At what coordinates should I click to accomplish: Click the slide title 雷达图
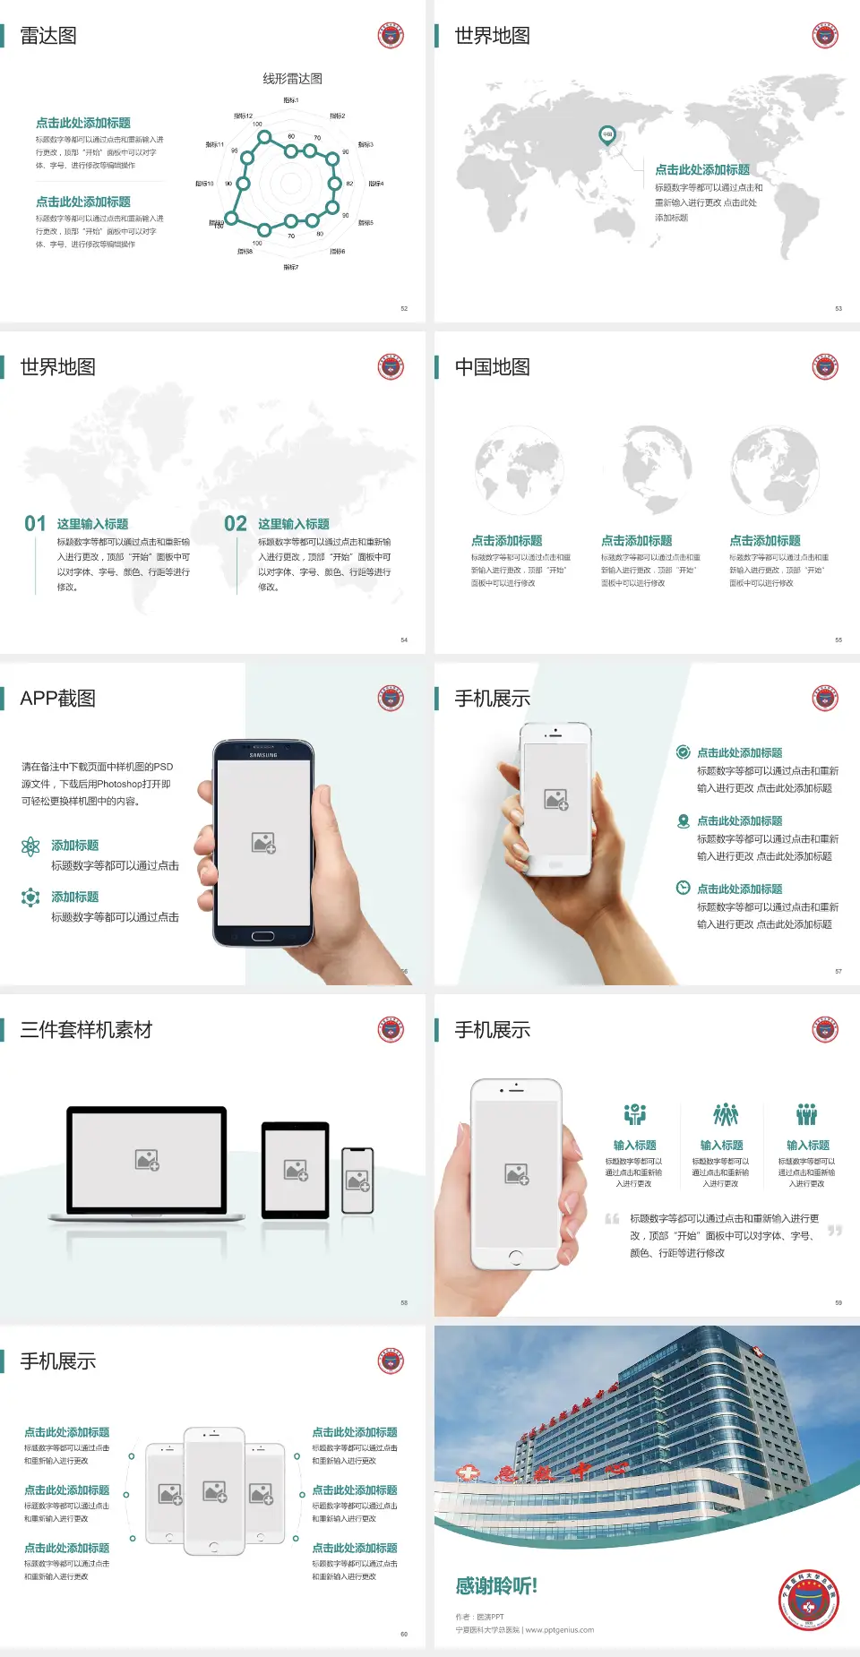(48, 36)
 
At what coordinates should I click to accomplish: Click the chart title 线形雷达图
(292, 79)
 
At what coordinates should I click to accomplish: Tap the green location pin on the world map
(606, 135)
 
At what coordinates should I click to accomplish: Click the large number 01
(35, 523)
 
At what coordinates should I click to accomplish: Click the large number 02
(236, 523)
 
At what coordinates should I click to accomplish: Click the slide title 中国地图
(492, 367)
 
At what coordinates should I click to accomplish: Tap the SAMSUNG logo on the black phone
(263, 755)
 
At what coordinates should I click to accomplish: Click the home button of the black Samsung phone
(262, 936)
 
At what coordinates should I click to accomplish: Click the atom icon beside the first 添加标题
(30, 846)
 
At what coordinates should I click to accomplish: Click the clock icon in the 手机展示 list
(683, 888)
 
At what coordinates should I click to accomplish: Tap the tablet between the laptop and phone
(296, 1169)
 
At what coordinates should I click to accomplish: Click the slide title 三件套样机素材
(86, 1030)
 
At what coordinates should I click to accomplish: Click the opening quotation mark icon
(612, 1219)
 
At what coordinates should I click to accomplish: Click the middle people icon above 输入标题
(725, 1114)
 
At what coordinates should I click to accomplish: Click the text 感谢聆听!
(496, 1586)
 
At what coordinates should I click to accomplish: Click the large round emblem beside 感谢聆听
(808, 1600)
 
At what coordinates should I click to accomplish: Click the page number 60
(403, 1634)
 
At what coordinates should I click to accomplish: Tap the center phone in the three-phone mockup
(214, 1490)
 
